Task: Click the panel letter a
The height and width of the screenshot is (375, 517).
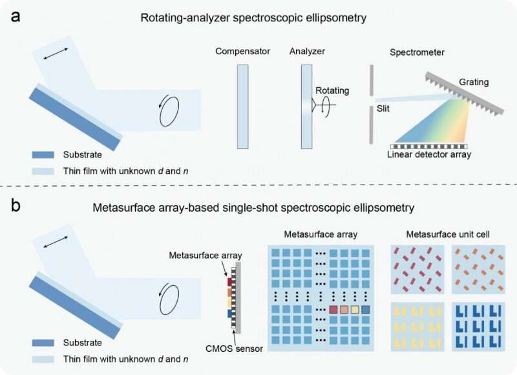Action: [x=14, y=14]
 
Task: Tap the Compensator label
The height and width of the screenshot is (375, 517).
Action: [x=242, y=52]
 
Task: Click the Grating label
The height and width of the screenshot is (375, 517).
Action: [x=474, y=82]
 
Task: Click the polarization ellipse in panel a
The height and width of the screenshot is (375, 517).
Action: [x=170, y=112]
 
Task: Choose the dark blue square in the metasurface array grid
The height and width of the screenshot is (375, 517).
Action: [x=367, y=310]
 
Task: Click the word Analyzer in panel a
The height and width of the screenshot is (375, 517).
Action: [x=306, y=52]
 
